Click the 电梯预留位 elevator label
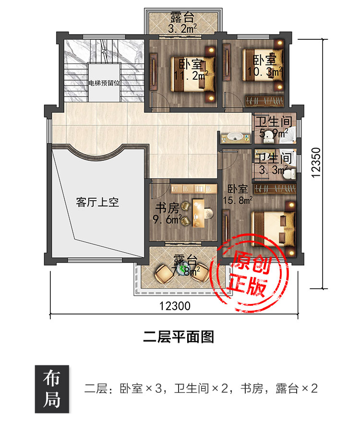tap(104, 83)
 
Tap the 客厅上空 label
tap(97, 202)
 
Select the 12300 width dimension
tap(175, 306)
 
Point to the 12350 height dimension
tap(316, 162)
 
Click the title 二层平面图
tap(179, 337)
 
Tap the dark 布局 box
tap(52, 389)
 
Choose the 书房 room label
tap(167, 208)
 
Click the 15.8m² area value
tap(238, 200)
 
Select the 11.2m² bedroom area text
tap(191, 75)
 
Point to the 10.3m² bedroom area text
tap(264, 72)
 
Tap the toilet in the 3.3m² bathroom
tap(290, 174)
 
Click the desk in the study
tap(199, 212)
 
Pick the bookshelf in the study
tap(194, 189)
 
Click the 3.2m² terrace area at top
tap(182, 28)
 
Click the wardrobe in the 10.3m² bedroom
tap(264, 101)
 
